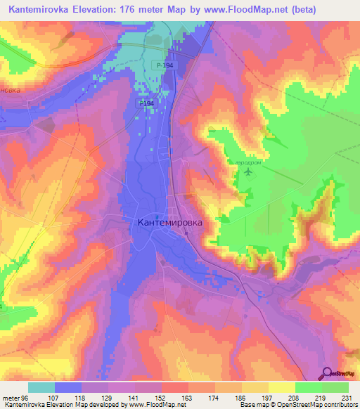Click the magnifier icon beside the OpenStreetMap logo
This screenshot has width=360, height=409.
click(x=327, y=372)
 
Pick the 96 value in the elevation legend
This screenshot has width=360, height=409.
click(x=24, y=396)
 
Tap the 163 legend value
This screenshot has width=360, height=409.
click(x=186, y=396)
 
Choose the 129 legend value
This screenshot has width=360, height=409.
click(x=105, y=396)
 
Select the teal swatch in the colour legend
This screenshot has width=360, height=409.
click(x=41, y=387)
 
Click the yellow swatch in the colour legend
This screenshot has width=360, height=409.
click(x=282, y=387)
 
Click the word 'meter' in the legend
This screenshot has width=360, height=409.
click(x=11, y=396)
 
